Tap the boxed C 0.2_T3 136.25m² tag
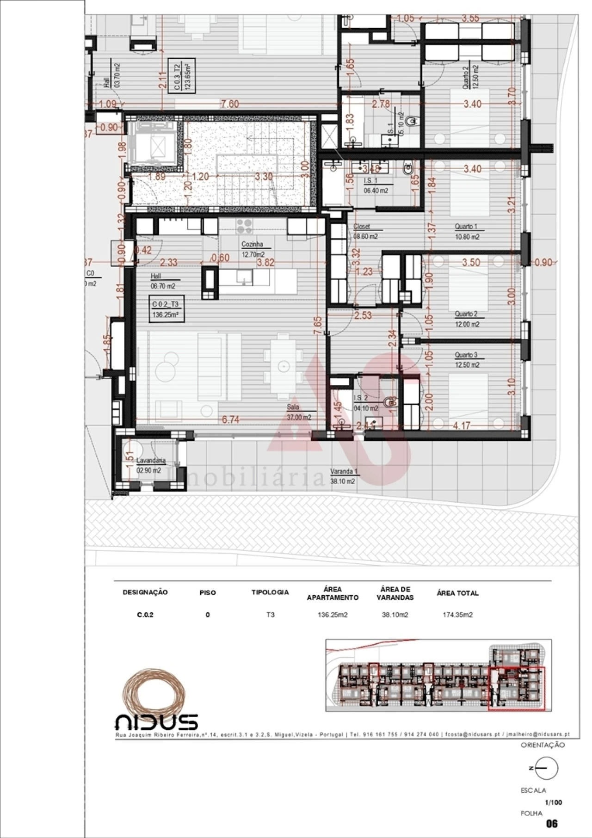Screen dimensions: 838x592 [x=165, y=309]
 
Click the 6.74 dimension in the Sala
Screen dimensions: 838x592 [x=230, y=419]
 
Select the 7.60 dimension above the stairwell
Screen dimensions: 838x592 [x=230, y=104]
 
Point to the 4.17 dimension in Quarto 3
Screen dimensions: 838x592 [x=461, y=425]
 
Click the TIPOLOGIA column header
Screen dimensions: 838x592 [x=270, y=592]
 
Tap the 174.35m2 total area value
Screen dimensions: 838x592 [x=457, y=615]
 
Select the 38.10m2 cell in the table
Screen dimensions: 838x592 [x=395, y=615]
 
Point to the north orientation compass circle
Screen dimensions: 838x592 [x=547, y=768]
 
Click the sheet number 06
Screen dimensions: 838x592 [x=552, y=823]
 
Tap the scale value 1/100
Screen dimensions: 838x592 [x=553, y=802]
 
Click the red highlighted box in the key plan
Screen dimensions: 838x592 [x=517, y=689]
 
